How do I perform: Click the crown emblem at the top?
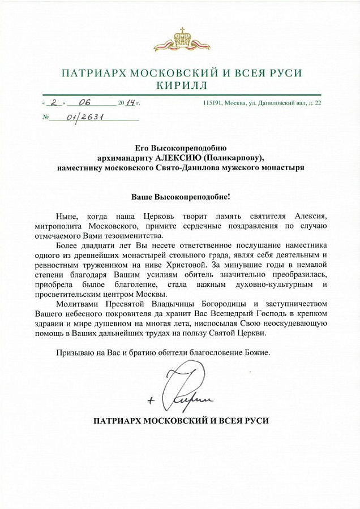182,40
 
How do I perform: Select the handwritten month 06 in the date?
85,102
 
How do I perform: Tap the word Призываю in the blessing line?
75,353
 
